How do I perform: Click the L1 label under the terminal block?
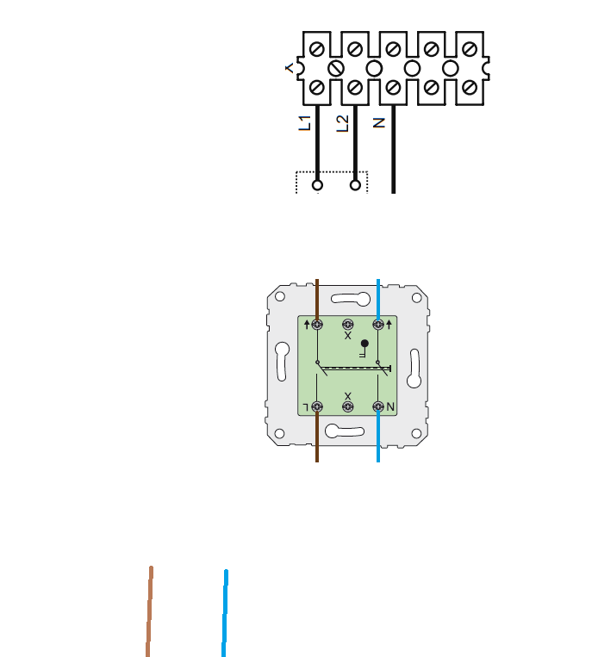pyautogui.click(x=305, y=123)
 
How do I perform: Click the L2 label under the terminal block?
pyautogui.click(x=343, y=124)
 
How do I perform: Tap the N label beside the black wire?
pyautogui.click(x=378, y=123)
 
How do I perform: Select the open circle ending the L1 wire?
pyautogui.click(x=317, y=185)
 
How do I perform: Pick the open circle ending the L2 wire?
pyautogui.click(x=355, y=185)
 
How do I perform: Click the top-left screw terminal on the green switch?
pyautogui.click(x=317, y=325)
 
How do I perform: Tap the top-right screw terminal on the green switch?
pyautogui.click(x=378, y=325)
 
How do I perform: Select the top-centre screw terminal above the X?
pyautogui.click(x=347, y=325)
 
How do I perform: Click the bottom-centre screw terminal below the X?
pyautogui.click(x=347, y=406)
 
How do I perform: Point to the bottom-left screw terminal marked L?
pyautogui.click(x=317, y=406)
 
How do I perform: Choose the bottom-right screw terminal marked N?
pyautogui.click(x=378, y=406)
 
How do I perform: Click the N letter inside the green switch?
pyautogui.click(x=390, y=406)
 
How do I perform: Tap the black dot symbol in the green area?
pyautogui.click(x=364, y=344)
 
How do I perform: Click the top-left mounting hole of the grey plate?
pyautogui.click(x=280, y=297)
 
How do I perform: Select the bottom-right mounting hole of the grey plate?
pyautogui.click(x=416, y=433)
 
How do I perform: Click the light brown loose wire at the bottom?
pyautogui.click(x=149, y=611)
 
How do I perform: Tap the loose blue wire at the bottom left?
pyautogui.click(x=225, y=613)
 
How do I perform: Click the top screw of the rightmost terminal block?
pyautogui.click(x=470, y=49)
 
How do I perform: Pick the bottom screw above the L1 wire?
pyautogui.click(x=316, y=88)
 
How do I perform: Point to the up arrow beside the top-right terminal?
pyautogui.click(x=389, y=324)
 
